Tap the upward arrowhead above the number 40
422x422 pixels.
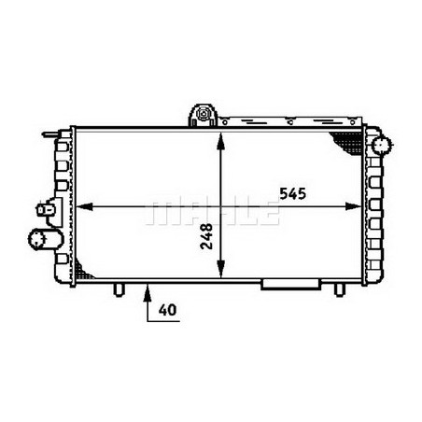[145, 290]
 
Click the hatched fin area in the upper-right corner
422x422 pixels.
[347, 140]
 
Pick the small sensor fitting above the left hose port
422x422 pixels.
[43, 209]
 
